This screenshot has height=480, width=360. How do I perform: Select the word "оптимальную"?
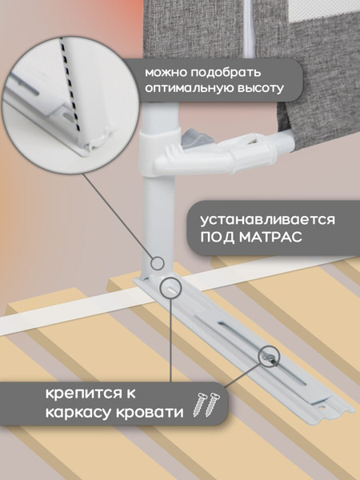point(184,90)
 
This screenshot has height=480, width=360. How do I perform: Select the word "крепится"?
point(78,394)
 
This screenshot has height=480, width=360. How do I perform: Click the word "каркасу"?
point(70,413)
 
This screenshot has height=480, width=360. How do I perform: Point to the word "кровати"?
point(146,413)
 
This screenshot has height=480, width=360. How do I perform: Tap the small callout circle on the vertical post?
point(158,262)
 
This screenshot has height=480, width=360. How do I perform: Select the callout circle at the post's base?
point(170,287)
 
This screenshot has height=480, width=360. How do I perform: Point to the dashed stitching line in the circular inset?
point(70,88)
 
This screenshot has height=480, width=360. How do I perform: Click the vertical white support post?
point(159,200)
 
